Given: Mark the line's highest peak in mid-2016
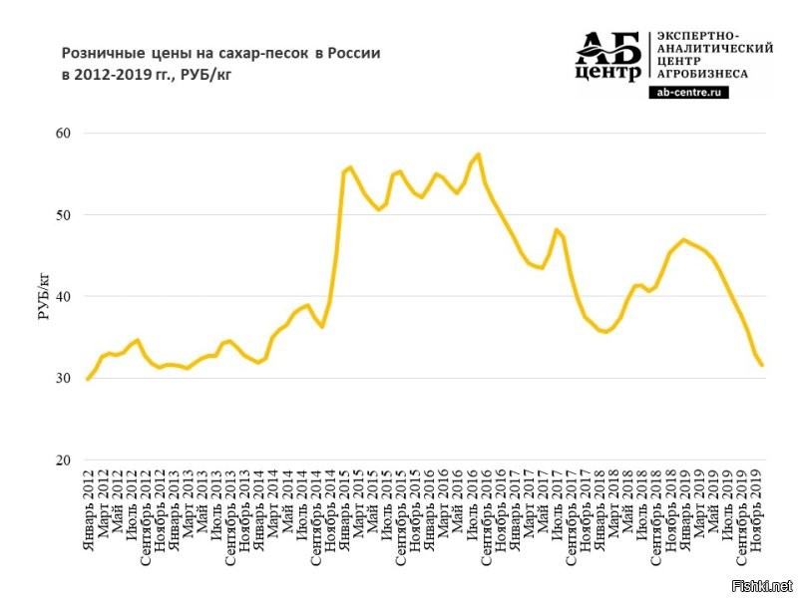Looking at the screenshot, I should (x=479, y=153).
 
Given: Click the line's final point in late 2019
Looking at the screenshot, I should (x=762, y=365).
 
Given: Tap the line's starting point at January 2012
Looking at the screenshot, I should (x=88, y=379).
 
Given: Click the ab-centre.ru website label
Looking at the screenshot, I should (x=689, y=91).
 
